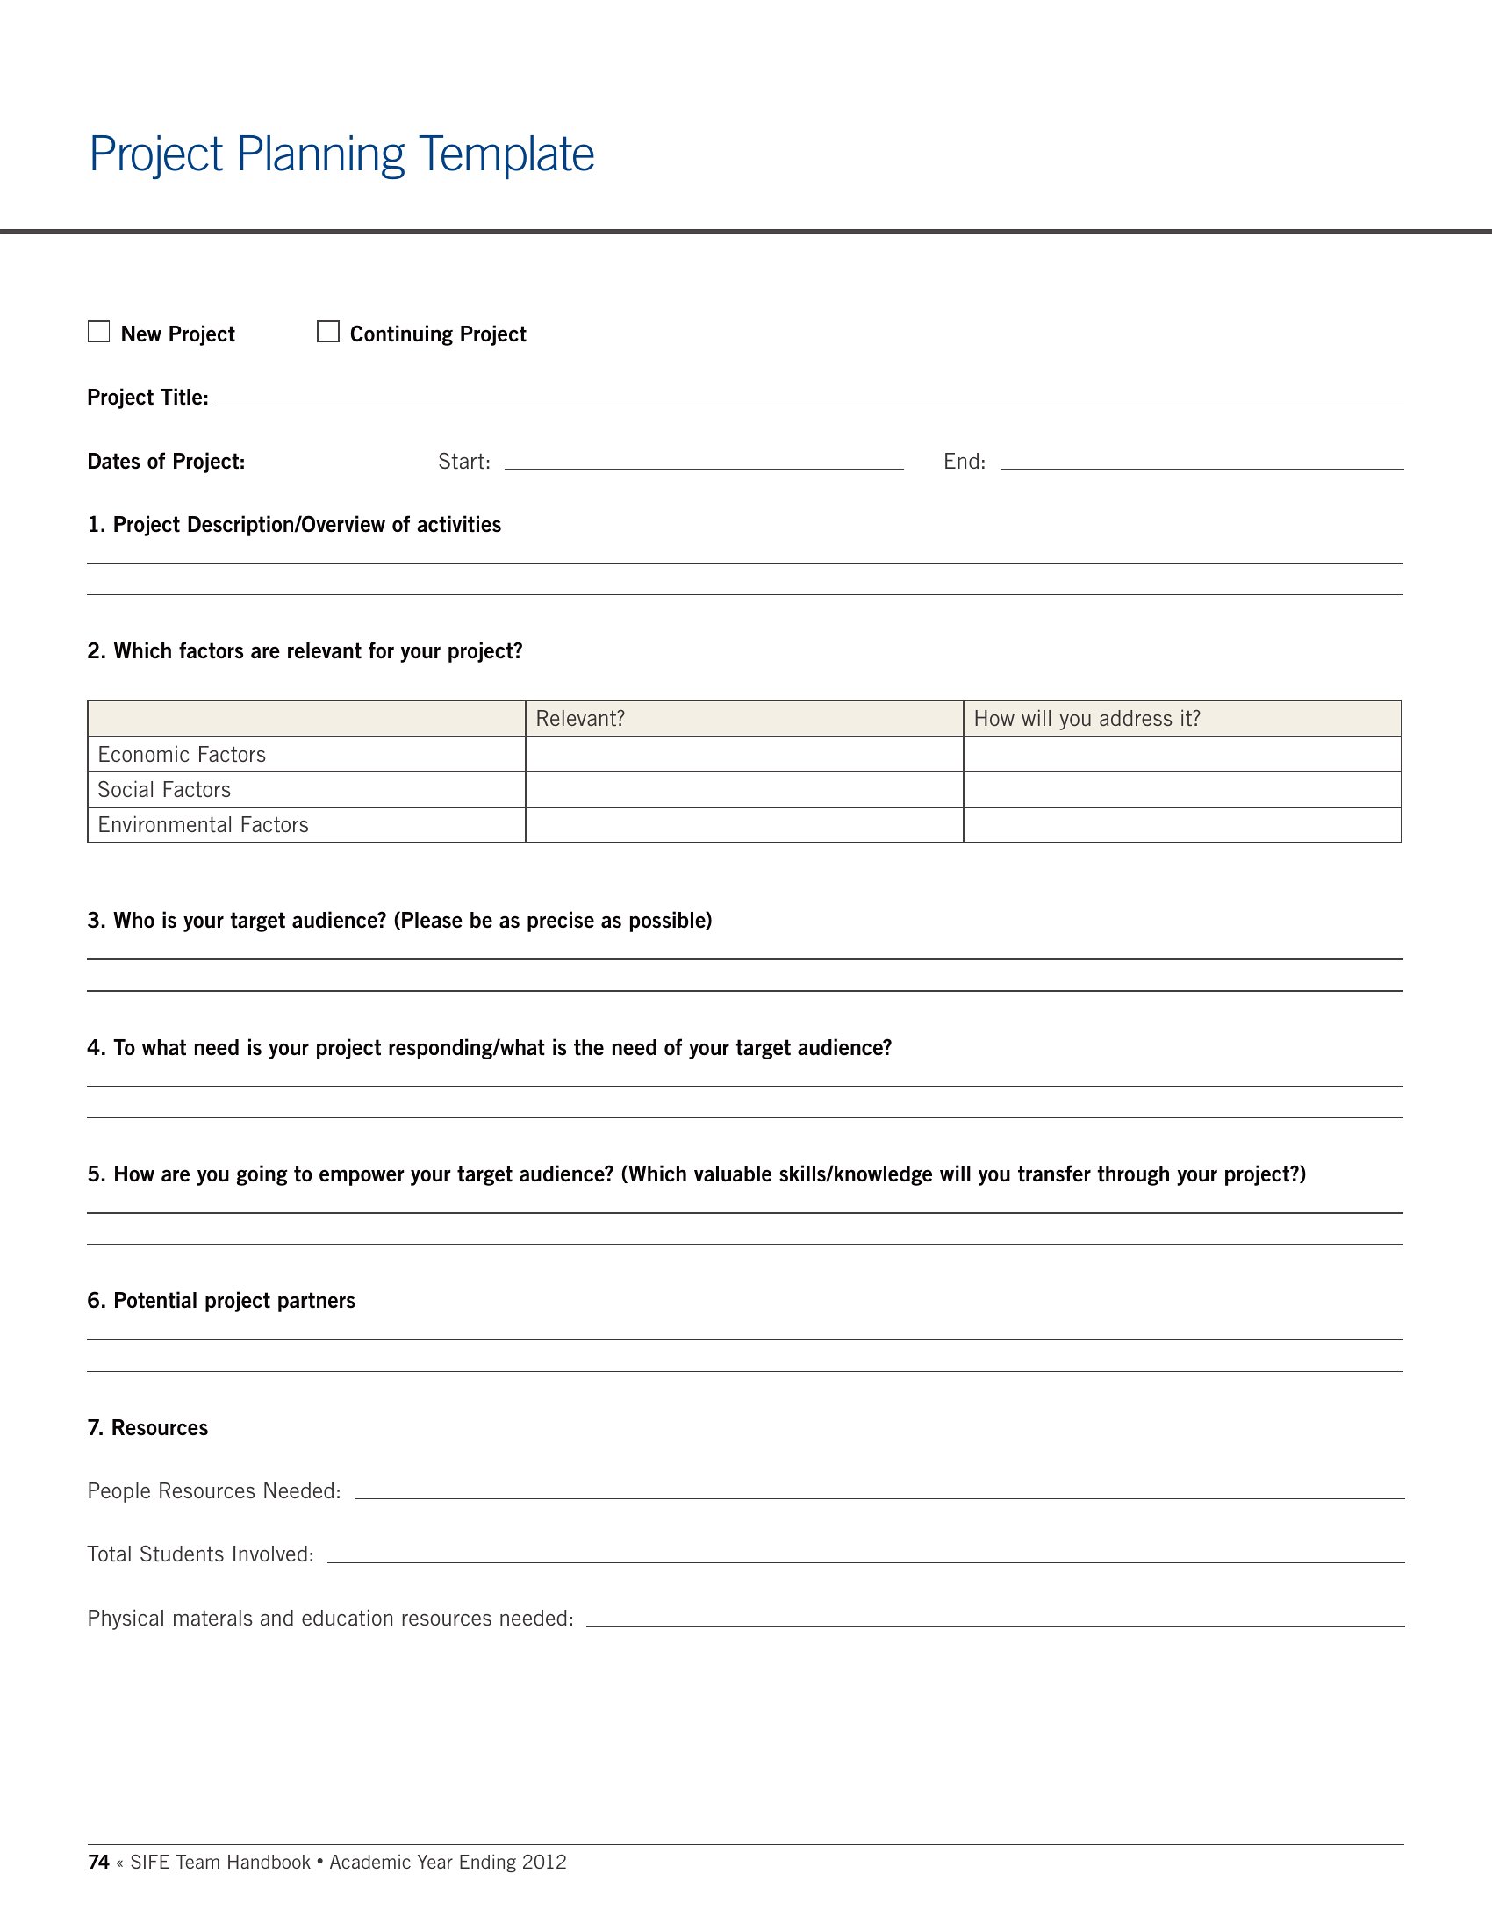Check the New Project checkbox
[x=99, y=332]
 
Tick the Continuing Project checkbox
[x=328, y=332]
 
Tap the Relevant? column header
[x=580, y=719]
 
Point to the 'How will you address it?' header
[x=1087, y=719]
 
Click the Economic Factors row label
[x=182, y=754]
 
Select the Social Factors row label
[x=164, y=790]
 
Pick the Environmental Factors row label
[x=204, y=825]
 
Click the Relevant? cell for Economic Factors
[x=744, y=754]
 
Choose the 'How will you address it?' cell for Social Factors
[x=1182, y=790]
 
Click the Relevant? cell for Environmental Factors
[x=744, y=825]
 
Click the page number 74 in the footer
[x=98, y=1862]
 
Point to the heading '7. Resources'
[x=147, y=1428]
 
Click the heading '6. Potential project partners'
[x=221, y=1301]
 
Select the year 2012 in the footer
[x=543, y=1862]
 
